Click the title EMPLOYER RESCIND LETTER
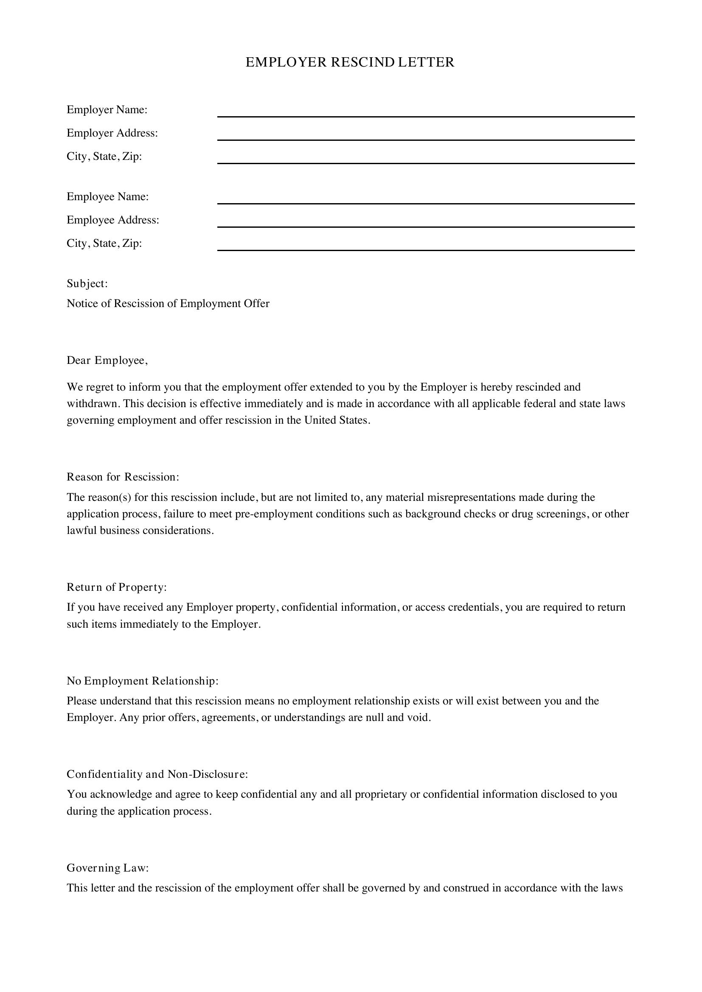pyautogui.click(x=350, y=62)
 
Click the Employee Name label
pyautogui.click(x=108, y=197)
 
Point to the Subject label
pyautogui.click(x=87, y=283)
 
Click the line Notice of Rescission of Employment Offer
pyautogui.click(x=168, y=303)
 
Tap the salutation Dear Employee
pyautogui.click(x=107, y=360)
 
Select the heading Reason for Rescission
pyautogui.click(x=122, y=477)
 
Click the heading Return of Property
pyautogui.click(x=116, y=587)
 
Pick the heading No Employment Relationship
pyautogui.click(x=142, y=681)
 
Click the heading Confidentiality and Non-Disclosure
pyautogui.click(x=157, y=774)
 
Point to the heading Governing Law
pyautogui.click(x=107, y=868)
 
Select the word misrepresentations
pyautogui.click(x=471, y=497)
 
